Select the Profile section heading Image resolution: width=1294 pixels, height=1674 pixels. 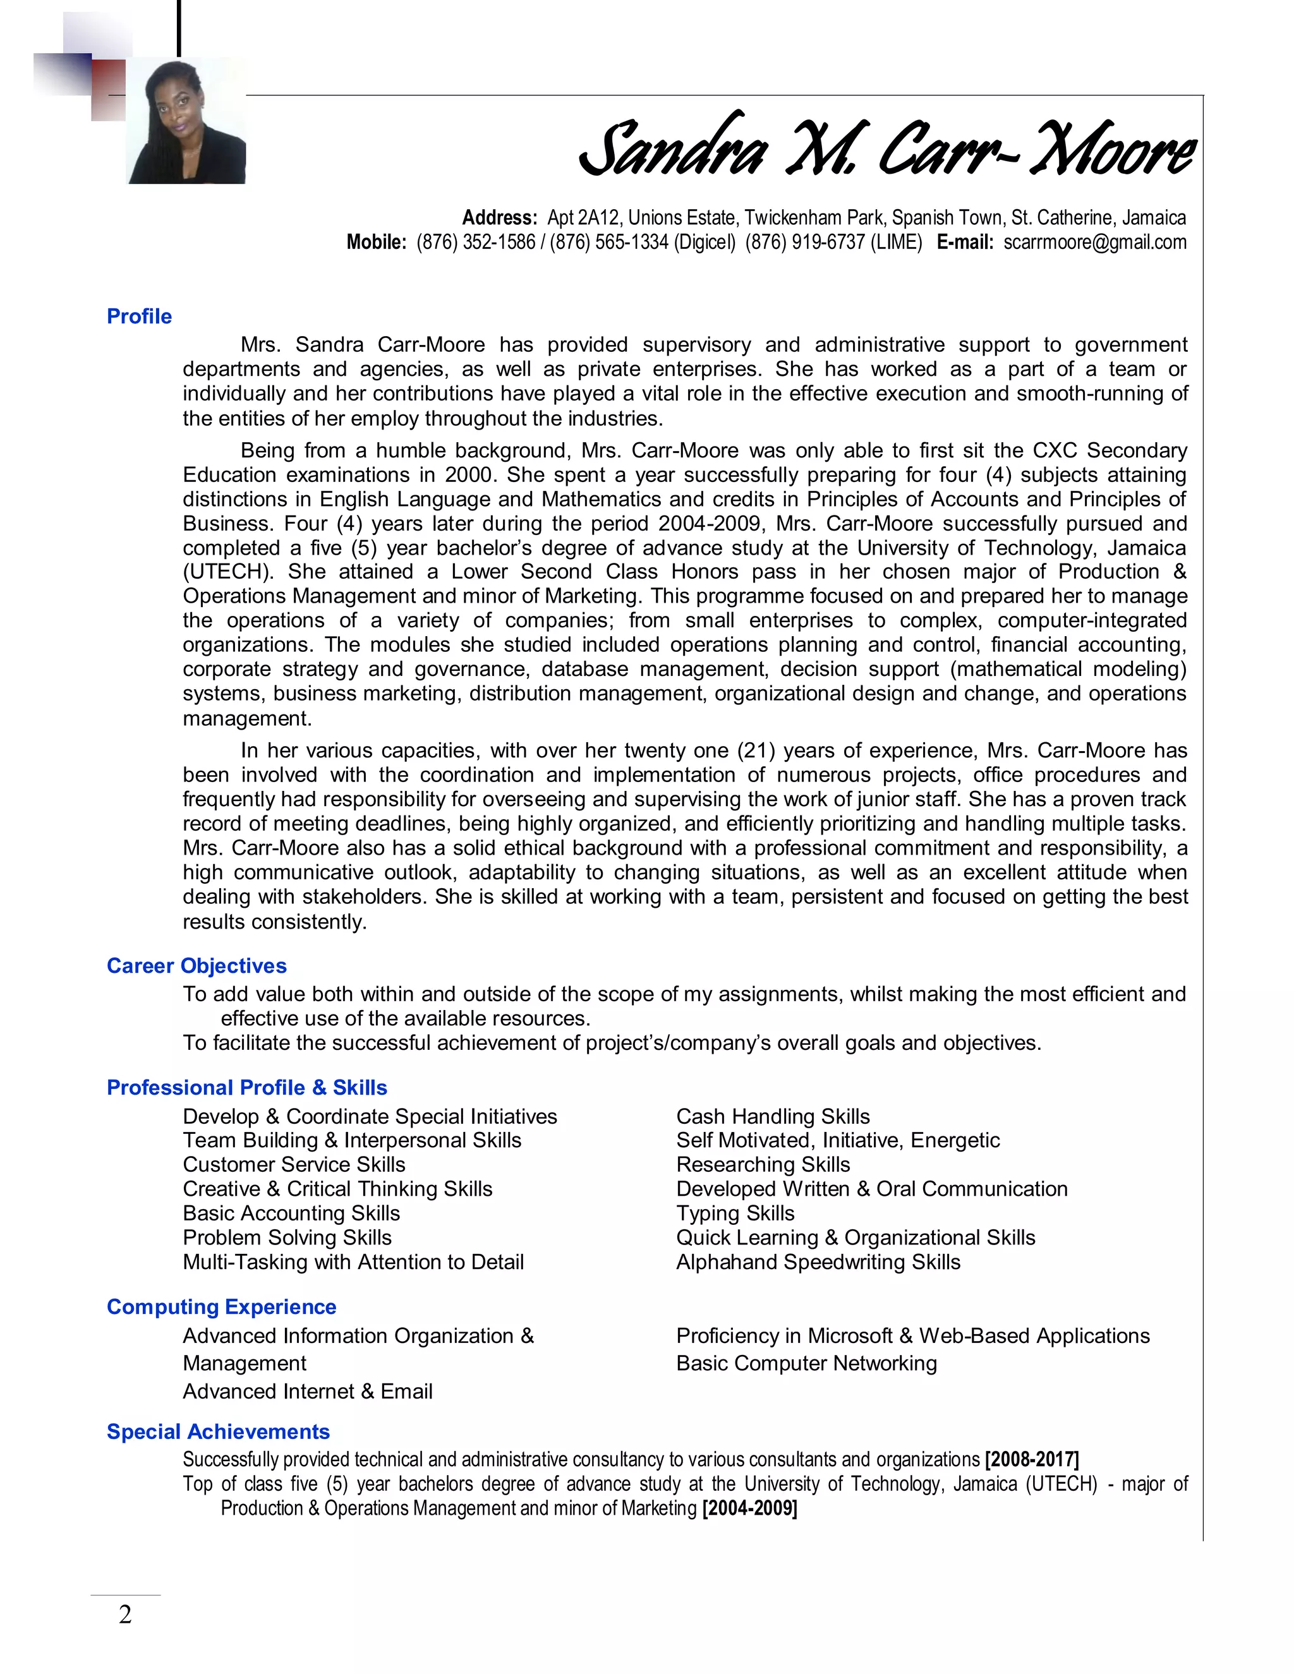click(x=139, y=316)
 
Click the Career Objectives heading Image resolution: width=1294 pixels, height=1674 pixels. click(x=197, y=966)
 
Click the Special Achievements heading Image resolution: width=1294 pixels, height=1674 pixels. click(x=218, y=1432)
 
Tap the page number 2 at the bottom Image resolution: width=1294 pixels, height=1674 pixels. click(x=125, y=1615)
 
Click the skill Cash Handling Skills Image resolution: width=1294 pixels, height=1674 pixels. click(x=773, y=1117)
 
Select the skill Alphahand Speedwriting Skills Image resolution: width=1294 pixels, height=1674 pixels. click(x=818, y=1262)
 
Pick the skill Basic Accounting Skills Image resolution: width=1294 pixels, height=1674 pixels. click(x=291, y=1213)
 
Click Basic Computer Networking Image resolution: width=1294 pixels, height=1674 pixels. click(x=806, y=1364)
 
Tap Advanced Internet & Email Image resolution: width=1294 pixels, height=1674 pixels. click(x=308, y=1391)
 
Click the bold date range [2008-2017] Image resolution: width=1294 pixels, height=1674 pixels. click(x=1032, y=1459)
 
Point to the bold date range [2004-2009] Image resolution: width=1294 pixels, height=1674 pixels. click(x=749, y=1508)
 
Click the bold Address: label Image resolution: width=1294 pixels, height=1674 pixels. click(x=500, y=219)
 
